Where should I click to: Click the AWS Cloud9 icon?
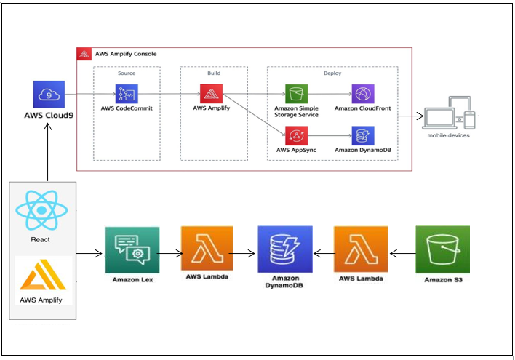tap(49, 95)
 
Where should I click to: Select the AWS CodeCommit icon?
tap(127, 94)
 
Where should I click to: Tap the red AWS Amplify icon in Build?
tap(211, 94)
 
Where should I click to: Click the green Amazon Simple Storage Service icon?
tap(296, 94)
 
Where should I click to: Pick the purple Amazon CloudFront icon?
tap(363, 94)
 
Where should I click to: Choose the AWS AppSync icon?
tap(296, 136)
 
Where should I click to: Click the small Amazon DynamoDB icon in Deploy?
tap(363, 136)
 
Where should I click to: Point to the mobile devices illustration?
tap(449, 113)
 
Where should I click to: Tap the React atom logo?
tap(41, 210)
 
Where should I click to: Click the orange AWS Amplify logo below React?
tap(43, 275)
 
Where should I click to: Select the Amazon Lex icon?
tap(132, 250)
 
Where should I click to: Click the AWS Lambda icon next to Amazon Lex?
tap(207, 248)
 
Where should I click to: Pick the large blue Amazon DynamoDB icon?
tap(285, 249)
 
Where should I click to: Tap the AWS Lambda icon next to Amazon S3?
tap(361, 249)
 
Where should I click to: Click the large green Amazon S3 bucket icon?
tap(443, 249)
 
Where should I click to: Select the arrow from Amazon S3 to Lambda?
tap(403, 254)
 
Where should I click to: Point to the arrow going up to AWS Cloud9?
tap(47, 152)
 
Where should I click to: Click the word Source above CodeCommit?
tap(127, 73)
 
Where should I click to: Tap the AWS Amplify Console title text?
tap(126, 54)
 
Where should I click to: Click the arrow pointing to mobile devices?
tap(410, 116)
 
